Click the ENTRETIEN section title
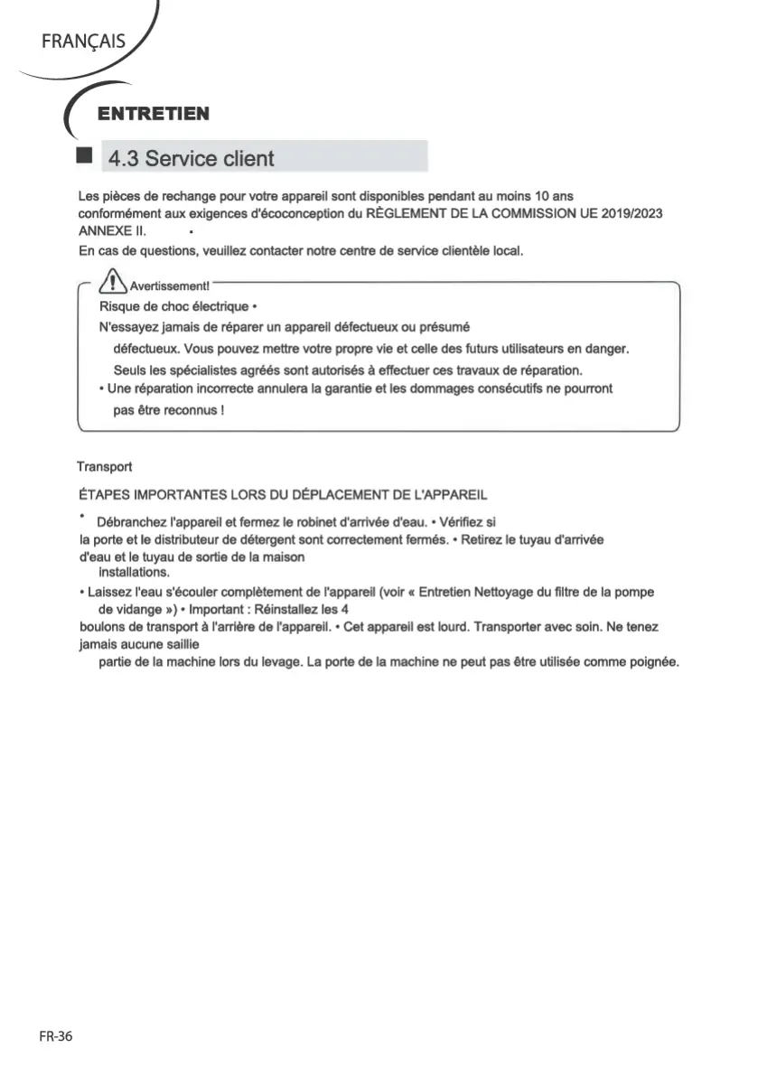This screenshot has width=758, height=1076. pyautogui.click(x=154, y=114)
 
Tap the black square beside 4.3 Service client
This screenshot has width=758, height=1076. pyautogui.click(x=84, y=156)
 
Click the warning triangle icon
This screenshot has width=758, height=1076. pyautogui.click(x=114, y=283)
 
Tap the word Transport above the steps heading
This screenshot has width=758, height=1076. pyautogui.click(x=104, y=467)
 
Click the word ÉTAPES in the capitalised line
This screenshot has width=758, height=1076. pyautogui.click(x=103, y=496)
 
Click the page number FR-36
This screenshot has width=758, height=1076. pyautogui.click(x=55, y=1037)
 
